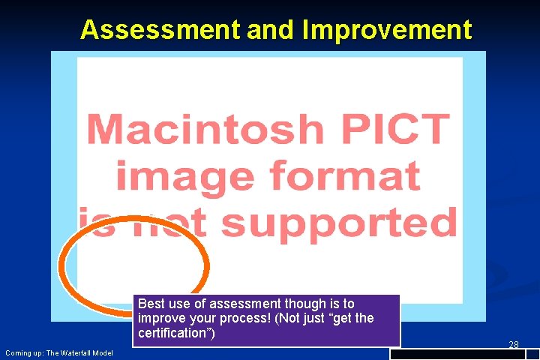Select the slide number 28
tap(514, 345)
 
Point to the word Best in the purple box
tap(151, 304)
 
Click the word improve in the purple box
tap(160, 319)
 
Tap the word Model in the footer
tap(102, 353)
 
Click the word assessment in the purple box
tap(244, 304)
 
